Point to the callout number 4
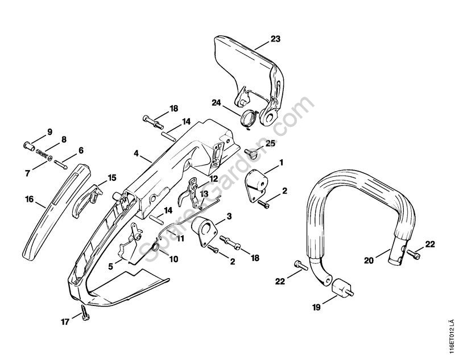pyautogui.click(x=136, y=154)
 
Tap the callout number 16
pyautogui.click(x=28, y=200)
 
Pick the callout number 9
pyautogui.click(x=49, y=132)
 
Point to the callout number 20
pyautogui.click(x=369, y=260)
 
